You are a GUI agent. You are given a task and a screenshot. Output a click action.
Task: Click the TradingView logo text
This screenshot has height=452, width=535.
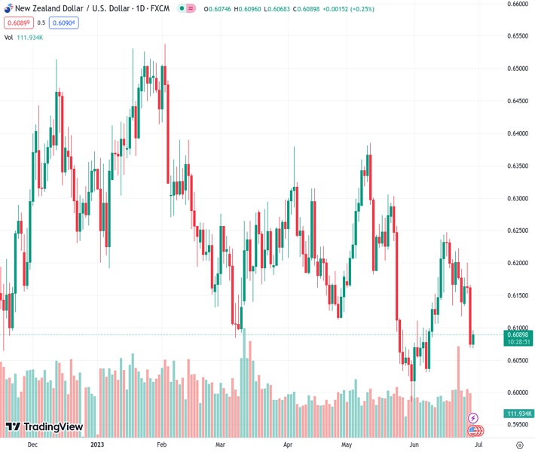[53, 427]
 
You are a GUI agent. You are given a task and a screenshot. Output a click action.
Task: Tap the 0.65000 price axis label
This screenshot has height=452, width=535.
[516, 69]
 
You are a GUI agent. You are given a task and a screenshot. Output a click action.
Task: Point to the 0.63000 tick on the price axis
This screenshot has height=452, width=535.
[516, 198]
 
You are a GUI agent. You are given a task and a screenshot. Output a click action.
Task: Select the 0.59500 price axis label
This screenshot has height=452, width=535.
[516, 424]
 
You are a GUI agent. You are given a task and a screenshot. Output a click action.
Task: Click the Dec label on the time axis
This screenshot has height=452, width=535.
[32, 445]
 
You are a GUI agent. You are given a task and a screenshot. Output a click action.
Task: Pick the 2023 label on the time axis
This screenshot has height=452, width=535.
[96, 445]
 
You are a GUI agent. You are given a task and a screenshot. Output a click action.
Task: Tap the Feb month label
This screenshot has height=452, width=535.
[162, 445]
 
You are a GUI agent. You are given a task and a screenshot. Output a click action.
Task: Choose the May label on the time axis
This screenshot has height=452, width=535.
[346, 445]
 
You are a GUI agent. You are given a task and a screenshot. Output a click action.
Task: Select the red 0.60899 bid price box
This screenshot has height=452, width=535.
[18, 23]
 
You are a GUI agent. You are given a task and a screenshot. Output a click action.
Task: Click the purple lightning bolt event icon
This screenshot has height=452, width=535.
[473, 417]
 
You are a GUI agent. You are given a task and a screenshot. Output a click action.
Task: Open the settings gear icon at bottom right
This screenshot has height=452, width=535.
[519, 445]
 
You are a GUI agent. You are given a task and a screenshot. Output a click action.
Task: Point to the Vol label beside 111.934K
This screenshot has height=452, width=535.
[9, 37]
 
